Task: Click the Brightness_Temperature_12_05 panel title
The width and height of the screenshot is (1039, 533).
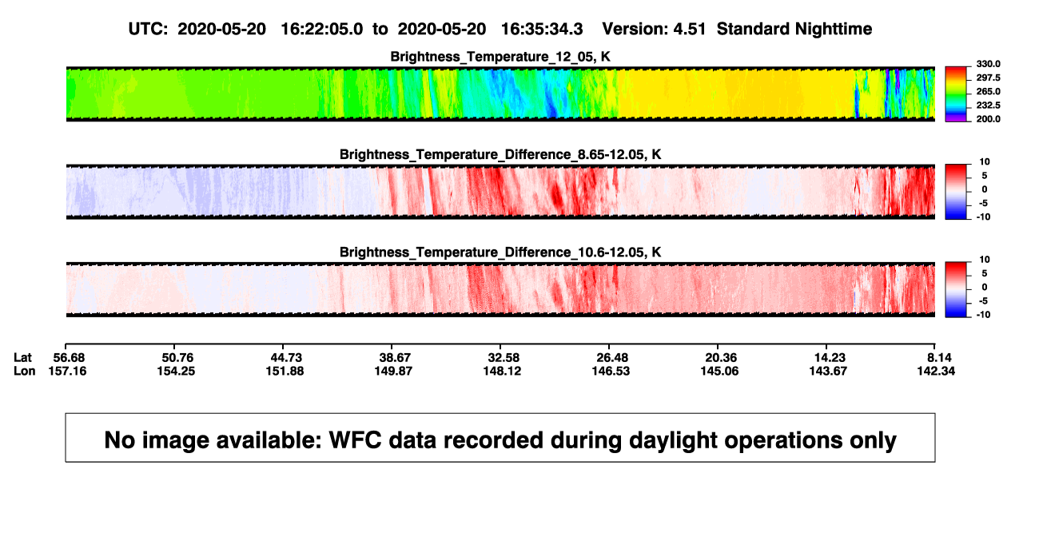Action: tap(500, 57)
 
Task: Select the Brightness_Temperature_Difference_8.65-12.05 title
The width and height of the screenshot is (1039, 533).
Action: tap(500, 154)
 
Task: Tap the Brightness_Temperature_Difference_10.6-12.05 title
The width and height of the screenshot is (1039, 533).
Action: tap(500, 253)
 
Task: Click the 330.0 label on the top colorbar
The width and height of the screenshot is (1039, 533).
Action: tap(988, 64)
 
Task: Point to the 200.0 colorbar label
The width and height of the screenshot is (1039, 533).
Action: tap(988, 119)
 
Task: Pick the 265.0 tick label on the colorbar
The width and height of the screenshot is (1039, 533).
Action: tap(988, 91)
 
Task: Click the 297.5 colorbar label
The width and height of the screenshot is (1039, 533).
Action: tap(988, 78)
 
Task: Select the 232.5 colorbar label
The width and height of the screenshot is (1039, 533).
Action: tap(988, 105)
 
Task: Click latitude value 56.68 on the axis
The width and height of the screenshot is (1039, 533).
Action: tap(69, 358)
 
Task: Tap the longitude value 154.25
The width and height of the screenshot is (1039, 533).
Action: tap(176, 371)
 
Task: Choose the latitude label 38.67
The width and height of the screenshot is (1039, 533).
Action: tap(395, 358)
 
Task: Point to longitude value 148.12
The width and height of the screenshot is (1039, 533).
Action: tap(502, 371)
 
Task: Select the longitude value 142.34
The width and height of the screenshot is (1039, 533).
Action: tap(936, 371)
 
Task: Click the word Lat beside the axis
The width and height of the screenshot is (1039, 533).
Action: tap(22, 358)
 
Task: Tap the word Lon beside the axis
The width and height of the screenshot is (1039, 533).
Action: tap(24, 371)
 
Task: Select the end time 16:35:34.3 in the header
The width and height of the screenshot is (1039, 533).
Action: tap(542, 30)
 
